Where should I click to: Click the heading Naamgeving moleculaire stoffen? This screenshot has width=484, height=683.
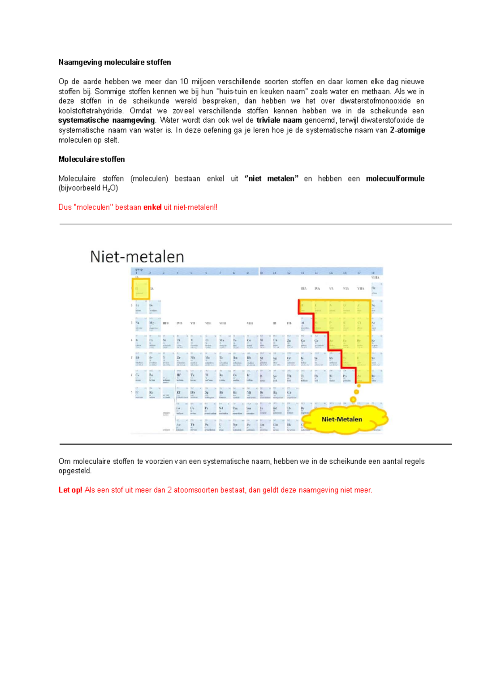click(115, 62)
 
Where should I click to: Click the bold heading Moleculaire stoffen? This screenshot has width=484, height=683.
click(92, 159)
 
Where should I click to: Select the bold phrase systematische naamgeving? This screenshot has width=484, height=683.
click(106, 120)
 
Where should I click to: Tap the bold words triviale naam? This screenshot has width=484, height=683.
click(279, 120)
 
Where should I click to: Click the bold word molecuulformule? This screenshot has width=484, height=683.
click(395, 178)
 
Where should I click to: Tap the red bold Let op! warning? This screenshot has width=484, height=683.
click(70, 490)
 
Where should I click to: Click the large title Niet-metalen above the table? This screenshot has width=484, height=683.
click(137, 256)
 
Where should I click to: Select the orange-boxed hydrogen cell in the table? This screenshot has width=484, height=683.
click(141, 289)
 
